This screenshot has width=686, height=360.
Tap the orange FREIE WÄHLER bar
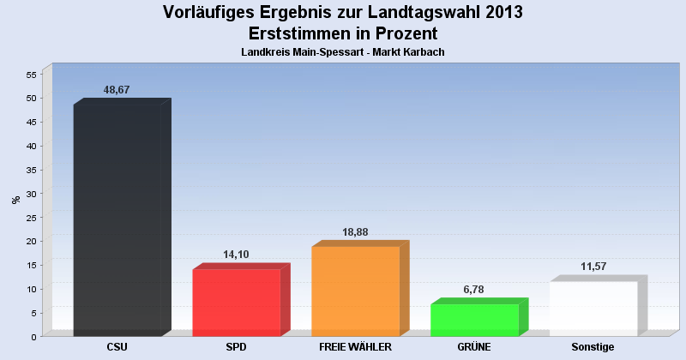(355, 291)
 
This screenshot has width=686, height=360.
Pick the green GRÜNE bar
(474, 320)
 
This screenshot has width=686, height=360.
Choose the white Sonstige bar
(593, 308)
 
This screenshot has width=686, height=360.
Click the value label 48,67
(116, 90)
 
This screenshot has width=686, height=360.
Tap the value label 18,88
(354, 231)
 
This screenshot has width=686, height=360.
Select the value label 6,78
(473, 290)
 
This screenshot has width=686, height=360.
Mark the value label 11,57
(593, 267)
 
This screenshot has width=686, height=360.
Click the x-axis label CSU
(117, 347)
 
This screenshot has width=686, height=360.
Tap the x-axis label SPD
(237, 347)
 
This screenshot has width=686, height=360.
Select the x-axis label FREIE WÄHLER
(355, 347)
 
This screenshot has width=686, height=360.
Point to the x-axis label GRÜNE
(474, 347)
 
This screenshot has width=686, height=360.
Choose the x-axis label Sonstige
(593, 347)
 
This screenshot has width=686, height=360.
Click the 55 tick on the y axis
(31, 75)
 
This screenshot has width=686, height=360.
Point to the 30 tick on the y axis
(31, 194)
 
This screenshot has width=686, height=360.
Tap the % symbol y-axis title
(15, 200)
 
